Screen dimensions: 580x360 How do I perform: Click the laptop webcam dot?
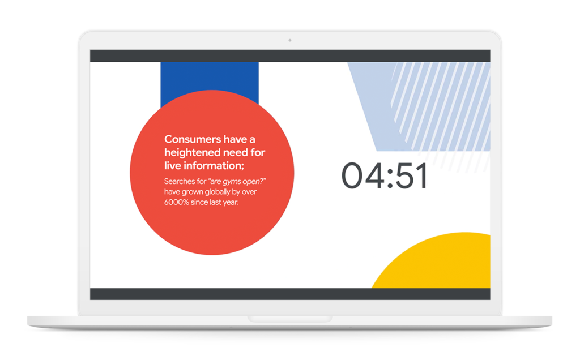[x=290, y=40]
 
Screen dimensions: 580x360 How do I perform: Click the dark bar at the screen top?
[x=290, y=56]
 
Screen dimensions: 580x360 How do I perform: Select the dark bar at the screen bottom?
[x=290, y=294]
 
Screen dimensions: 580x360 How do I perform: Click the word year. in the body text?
[x=229, y=203]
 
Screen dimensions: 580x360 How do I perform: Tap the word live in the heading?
[x=172, y=166]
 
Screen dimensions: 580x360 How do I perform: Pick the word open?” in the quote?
[x=255, y=182]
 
